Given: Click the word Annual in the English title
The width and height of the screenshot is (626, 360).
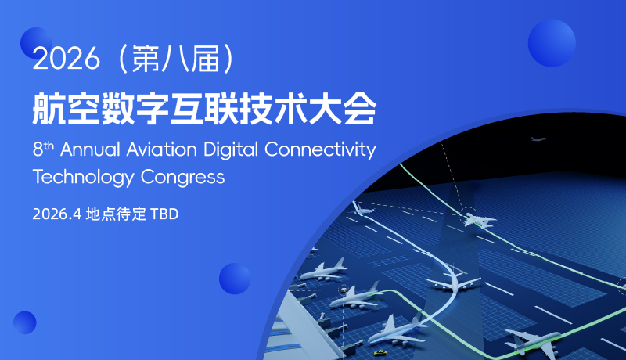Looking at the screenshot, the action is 90,149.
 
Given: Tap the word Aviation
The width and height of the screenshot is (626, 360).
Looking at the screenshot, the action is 162,149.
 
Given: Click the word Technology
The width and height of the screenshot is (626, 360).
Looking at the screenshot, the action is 84,178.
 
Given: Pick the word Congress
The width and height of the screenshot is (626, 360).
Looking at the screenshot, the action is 183,178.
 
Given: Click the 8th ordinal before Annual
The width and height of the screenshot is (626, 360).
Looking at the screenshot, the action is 43,149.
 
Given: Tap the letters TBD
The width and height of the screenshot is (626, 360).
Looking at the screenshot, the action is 164,214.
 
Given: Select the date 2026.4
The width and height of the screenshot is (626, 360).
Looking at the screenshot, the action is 56,214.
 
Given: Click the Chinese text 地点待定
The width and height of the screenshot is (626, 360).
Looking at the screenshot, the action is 116,214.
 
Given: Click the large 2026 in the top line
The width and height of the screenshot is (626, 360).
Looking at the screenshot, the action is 66,59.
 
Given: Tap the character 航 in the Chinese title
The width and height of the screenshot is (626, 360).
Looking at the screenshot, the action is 49,109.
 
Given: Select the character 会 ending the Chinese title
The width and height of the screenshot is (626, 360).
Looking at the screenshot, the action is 360,109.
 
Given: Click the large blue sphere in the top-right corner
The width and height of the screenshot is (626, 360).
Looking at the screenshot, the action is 552,43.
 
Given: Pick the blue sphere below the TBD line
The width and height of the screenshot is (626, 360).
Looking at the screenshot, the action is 235,279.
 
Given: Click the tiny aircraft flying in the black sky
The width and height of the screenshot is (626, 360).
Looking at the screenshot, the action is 538,139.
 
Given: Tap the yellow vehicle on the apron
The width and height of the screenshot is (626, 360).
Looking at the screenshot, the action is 380,353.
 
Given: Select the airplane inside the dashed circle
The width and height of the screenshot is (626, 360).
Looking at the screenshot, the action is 478,219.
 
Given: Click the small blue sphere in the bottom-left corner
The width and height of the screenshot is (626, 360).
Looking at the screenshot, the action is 25,322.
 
